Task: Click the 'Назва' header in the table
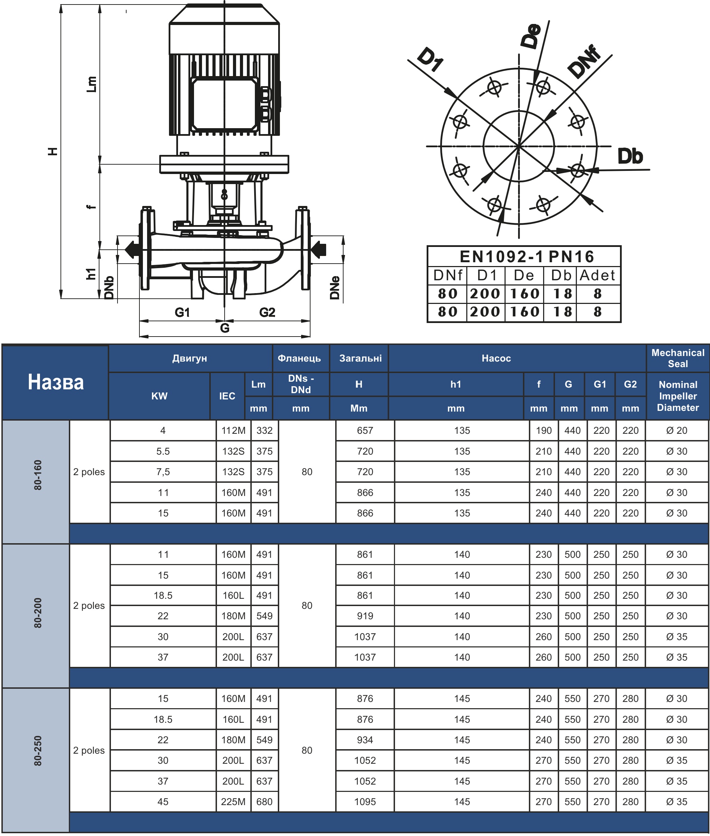click(x=56, y=382)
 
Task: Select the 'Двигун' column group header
click(x=189, y=358)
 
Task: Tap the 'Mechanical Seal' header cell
click(x=678, y=358)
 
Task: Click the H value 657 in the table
click(x=365, y=430)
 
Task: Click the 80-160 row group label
click(x=38, y=475)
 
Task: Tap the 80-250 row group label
click(x=38, y=750)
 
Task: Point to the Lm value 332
click(x=265, y=430)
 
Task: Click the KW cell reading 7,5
click(x=163, y=472)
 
